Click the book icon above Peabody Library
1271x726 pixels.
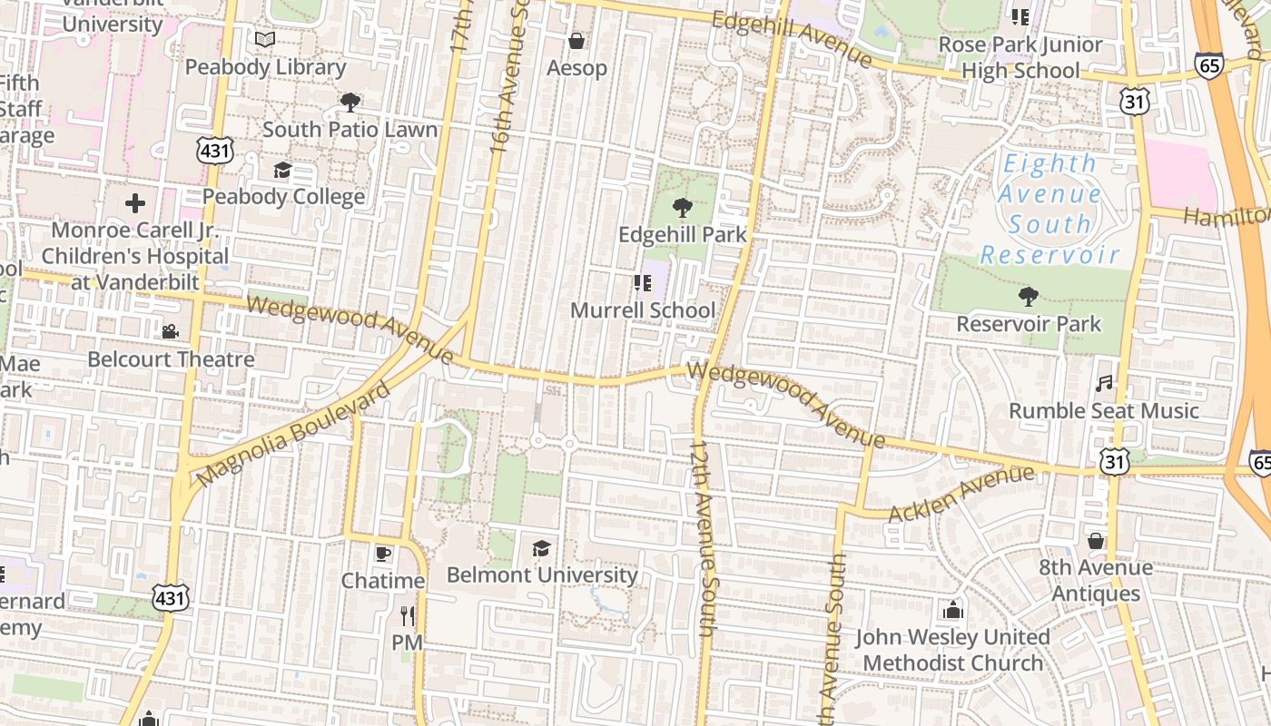tap(265, 40)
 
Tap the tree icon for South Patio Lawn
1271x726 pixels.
tap(350, 103)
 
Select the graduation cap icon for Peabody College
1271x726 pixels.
tap(282, 171)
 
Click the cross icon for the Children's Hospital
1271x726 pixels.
tap(134, 203)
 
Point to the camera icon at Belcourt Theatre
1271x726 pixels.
tap(170, 332)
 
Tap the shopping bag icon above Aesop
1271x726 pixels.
tap(576, 41)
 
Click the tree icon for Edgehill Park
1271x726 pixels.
tap(682, 208)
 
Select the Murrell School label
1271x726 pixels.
tap(643, 310)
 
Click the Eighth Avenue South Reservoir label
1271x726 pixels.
tap(1049, 209)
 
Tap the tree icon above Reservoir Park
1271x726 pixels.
tap(1029, 297)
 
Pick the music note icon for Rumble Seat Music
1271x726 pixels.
tap(1104, 384)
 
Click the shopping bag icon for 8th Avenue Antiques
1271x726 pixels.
tap(1096, 541)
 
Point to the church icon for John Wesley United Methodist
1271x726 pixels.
tap(952, 610)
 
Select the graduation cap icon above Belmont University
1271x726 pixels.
tap(541, 548)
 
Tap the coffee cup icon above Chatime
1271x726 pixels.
tap(382, 554)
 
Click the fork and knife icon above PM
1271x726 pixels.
tap(407, 616)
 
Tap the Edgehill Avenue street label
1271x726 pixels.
tap(791, 39)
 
